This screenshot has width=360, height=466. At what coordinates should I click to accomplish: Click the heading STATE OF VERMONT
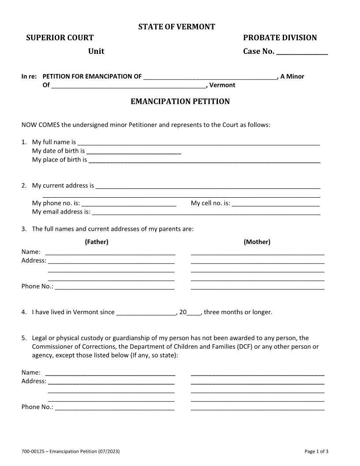(x=176, y=27)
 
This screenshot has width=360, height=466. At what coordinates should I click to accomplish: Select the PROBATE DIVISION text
(x=280, y=38)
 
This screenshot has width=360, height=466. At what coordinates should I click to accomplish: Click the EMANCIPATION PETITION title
(x=180, y=101)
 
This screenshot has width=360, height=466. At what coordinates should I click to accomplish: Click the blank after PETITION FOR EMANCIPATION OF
(x=210, y=77)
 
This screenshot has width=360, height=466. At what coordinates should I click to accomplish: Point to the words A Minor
(x=292, y=76)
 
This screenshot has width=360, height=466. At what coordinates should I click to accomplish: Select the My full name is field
(x=198, y=143)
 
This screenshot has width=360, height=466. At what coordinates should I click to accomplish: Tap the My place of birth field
(x=204, y=160)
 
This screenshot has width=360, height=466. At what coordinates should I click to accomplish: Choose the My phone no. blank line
(x=129, y=203)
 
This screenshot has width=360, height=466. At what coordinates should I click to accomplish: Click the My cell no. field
(x=275, y=203)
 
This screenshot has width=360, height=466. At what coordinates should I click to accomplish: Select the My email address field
(x=206, y=212)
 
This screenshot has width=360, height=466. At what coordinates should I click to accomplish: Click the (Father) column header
(x=96, y=242)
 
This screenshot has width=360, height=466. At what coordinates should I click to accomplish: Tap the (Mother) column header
(x=257, y=242)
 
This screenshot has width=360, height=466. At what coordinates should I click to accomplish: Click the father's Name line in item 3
(x=110, y=252)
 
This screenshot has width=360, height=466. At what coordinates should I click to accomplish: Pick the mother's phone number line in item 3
(x=257, y=287)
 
